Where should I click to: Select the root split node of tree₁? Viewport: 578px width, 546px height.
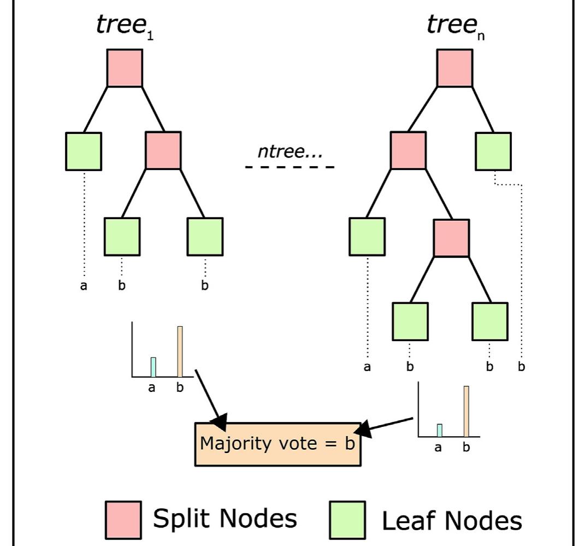(125, 68)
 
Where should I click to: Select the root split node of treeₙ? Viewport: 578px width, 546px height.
(455, 68)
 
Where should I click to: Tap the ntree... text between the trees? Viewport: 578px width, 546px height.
(290, 151)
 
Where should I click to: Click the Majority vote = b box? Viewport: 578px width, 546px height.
(278, 444)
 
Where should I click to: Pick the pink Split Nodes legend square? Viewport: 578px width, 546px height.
(123, 519)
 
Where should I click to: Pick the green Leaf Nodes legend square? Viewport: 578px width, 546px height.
(347, 520)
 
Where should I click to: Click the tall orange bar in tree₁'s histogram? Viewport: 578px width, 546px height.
(180, 351)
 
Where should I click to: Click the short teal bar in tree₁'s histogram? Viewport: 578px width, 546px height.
(154, 367)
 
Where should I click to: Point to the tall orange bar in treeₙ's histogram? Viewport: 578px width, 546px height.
(467, 411)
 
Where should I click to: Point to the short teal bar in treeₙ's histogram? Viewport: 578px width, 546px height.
(439, 430)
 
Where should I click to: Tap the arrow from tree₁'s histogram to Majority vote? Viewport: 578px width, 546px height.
(210, 399)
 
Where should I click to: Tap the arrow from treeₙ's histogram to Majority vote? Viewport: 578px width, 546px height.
(388, 426)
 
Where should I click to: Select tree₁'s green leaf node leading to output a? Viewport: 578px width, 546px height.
(83, 151)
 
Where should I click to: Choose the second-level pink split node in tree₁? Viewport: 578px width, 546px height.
(163, 151)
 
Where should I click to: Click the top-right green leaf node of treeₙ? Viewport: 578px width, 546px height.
(493, 151)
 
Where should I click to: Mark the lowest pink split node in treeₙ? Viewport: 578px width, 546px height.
(451, 238)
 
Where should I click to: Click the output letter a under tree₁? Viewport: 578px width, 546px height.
(84, 285)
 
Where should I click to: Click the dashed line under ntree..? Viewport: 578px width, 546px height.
(290, 166)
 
